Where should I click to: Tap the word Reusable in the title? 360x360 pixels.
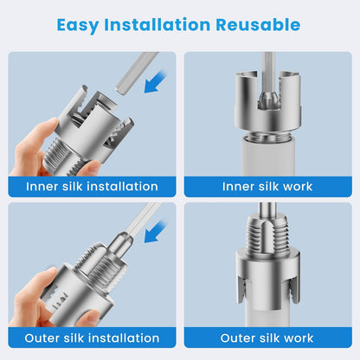pos(258,24)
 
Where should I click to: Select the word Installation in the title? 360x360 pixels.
pos(157,24)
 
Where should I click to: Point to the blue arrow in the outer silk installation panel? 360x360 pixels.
pos(156,231)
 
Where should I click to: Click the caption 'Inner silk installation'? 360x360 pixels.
pos(92,186)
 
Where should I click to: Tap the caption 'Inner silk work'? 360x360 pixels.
pos(267,186)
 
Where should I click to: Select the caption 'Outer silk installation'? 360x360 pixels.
pos(92,337)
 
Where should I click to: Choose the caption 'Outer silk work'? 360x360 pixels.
pos(267,337)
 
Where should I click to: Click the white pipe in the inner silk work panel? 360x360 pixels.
pos(267,157)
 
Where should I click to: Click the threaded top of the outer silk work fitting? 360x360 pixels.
pos(267,234)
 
